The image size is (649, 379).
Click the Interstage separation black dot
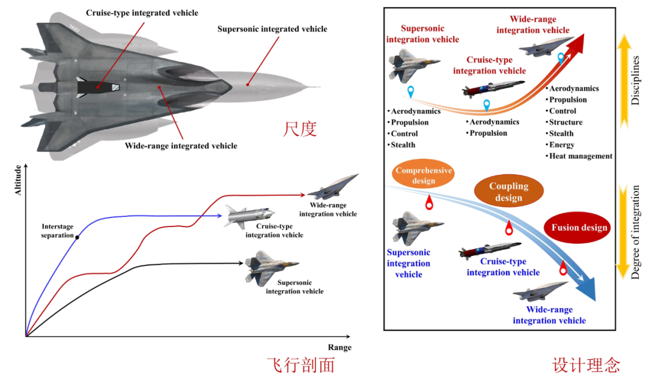78,237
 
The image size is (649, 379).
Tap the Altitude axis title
18,180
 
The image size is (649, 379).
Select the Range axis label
340,347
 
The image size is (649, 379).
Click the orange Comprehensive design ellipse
424,175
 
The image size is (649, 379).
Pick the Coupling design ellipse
509,191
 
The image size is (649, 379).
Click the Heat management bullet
579,156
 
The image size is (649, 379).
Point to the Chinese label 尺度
300,129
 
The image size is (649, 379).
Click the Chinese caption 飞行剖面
301,365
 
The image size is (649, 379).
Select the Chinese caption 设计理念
586,365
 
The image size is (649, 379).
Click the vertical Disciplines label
635,80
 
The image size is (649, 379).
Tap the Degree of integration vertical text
635,232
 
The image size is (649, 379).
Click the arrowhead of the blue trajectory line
219,216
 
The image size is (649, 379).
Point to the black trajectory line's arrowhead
240,263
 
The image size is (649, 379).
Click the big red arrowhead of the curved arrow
576,43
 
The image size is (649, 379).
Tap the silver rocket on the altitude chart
249,216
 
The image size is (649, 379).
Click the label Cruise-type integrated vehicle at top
142,13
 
